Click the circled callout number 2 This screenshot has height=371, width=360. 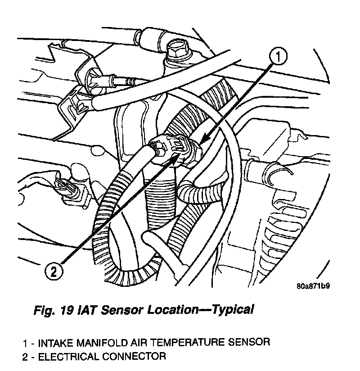tap(54, 271)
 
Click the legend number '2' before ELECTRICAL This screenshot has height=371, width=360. tap(26, 357)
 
